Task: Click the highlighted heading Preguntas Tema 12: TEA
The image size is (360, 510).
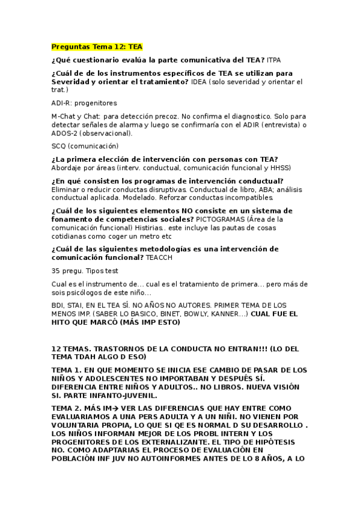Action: click(97, 46)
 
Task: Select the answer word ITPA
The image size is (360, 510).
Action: click(273, 60)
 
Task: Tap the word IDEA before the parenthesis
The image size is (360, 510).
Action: click(200, 81)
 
